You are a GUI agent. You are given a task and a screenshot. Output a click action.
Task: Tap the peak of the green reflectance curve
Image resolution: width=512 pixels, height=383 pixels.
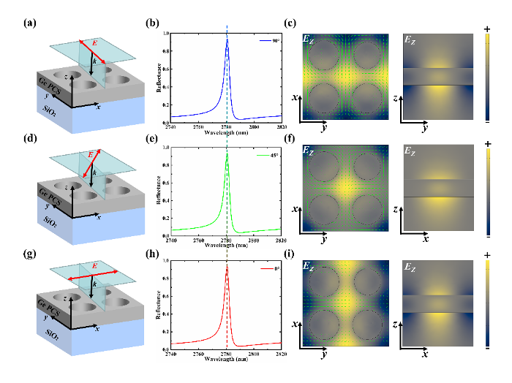click(227, 159)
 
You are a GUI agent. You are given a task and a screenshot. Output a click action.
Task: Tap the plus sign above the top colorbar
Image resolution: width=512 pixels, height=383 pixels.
click(487, 27)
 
